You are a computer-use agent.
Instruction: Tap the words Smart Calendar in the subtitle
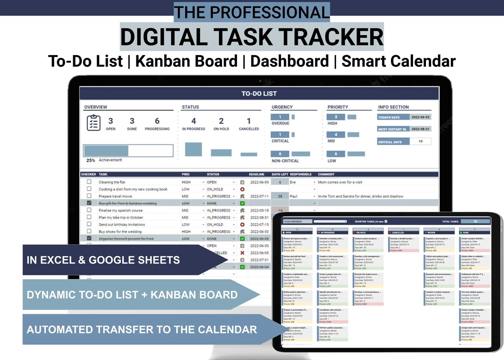tap(399, 61)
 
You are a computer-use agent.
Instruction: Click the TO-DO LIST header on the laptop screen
tap(259, 93)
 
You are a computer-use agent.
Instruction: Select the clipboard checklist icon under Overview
tap(94, 123)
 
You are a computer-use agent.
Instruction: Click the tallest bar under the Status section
tap(193, 149)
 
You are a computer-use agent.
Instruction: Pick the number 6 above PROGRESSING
tap(157, 121)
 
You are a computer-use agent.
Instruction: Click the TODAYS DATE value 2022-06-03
tap(420, 117)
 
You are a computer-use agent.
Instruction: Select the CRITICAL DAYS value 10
tap(420, 141)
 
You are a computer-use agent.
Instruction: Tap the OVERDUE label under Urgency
tap(280, 124)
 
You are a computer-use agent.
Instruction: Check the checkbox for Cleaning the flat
tap(89, 182)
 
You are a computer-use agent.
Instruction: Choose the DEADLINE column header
tap(257, 175)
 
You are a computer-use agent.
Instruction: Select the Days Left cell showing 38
tap(280, 197)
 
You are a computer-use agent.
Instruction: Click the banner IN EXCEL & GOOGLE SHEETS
tap(104, 260)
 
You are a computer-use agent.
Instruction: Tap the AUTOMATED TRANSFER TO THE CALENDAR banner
tap(141, 329)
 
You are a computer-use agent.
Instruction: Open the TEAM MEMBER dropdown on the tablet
tap(330, 221)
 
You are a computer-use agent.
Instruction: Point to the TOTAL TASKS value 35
tap(475, 221)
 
